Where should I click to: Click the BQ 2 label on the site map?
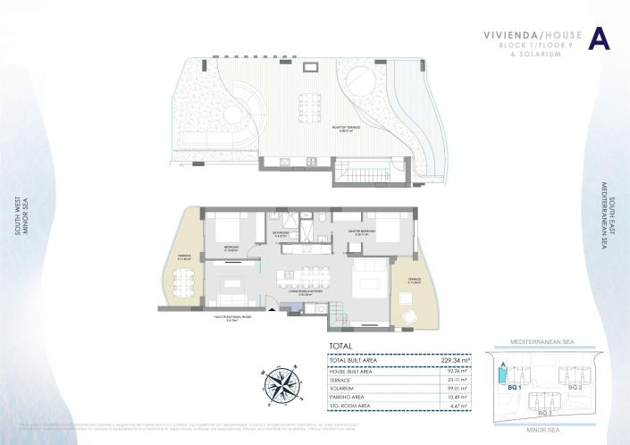575,388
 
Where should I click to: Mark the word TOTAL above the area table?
340,346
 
